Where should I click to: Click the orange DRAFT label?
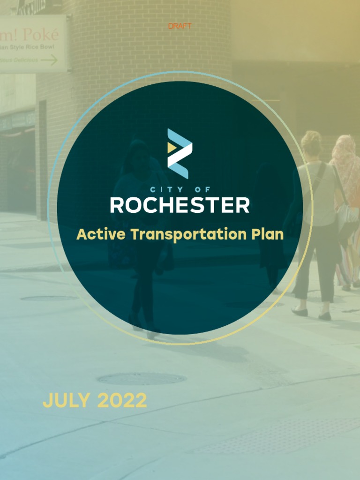click(180, 26)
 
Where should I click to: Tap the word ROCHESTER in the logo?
click(180, 205)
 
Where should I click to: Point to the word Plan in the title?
click(269, 234)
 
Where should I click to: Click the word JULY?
click(66, 400)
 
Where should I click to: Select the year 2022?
click(122, 400)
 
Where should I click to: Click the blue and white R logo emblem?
click(180, 153)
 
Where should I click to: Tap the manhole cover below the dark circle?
click(141, 378)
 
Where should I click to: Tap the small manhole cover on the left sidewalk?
click(49, 298)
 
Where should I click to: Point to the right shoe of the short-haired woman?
click(325, 316)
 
